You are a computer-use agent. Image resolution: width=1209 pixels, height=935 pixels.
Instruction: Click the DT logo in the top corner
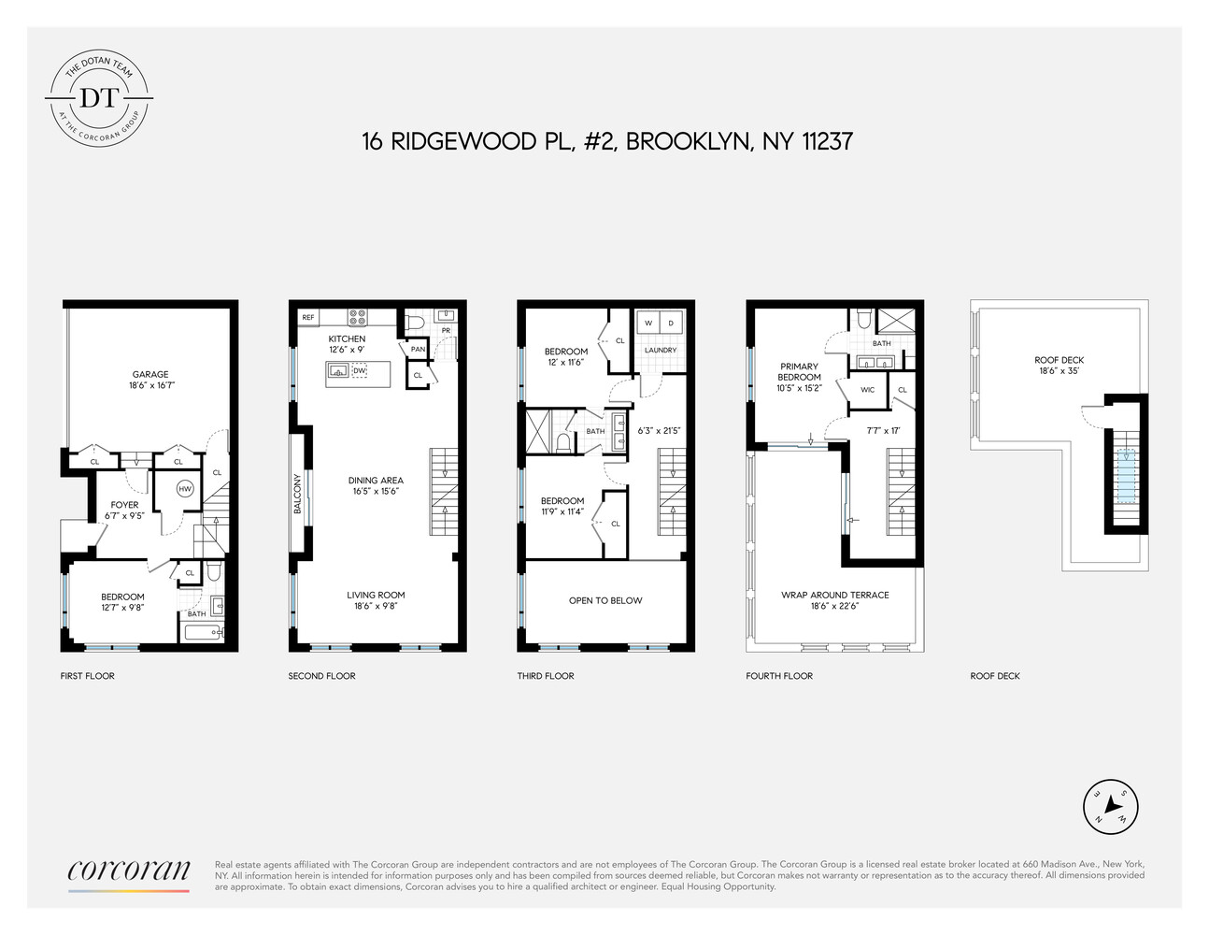coord(100,97)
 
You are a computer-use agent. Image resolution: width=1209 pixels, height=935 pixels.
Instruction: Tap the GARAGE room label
coord(149,374)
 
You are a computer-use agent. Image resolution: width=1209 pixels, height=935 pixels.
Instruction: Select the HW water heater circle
coord(185,489)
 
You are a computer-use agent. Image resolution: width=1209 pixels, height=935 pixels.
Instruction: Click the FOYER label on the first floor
coord(124,505)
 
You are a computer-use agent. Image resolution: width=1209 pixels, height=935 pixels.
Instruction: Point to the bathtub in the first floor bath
coord(199,632)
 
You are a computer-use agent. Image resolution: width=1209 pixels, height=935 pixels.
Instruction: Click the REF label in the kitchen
coord(308,318)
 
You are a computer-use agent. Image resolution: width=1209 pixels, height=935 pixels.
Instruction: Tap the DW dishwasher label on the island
coord(360,371)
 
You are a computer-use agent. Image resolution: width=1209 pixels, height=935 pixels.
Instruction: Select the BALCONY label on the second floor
coord(298,494)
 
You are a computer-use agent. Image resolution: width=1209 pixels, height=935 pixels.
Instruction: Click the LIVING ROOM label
coord(376,595)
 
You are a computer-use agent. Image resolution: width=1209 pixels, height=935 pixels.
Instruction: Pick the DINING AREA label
coord(376,481)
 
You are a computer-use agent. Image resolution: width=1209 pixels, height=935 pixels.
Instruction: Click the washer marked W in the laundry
coord(648,324)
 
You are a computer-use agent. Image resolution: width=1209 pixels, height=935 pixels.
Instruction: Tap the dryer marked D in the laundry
coord(671,324)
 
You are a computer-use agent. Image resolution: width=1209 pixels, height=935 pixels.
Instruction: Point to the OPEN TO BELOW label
coord(605,600)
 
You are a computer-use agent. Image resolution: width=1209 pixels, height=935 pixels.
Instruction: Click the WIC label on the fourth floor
coord(867,390)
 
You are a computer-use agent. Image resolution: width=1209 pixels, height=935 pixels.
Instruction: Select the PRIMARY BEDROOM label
coord(799,371)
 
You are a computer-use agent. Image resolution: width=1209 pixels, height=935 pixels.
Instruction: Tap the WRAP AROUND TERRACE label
coord(835,595)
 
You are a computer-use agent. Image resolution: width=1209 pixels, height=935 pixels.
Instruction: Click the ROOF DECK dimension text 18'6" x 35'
coord(1060,371)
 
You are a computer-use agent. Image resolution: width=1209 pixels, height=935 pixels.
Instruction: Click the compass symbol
coord(1111,805)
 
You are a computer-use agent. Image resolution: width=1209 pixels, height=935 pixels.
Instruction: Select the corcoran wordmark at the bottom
coord(129,870)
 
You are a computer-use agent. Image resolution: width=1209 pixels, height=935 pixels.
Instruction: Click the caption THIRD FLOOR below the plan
coord(546,676)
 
